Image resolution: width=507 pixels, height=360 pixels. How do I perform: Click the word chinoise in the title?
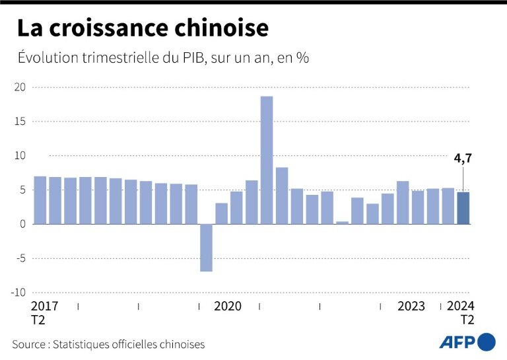tap(219, 28)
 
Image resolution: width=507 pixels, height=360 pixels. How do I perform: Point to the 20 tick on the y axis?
tap(20, 87)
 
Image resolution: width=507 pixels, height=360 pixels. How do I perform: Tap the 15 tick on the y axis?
tap(20, 122)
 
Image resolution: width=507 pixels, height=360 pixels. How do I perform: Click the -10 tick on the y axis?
tap(18, 293)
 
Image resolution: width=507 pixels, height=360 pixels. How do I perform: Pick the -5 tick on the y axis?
tap(20, 258)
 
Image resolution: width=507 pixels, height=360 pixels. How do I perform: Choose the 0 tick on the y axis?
tap(22, 224)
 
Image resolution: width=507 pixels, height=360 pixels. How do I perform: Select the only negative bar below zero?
tap(206, 248)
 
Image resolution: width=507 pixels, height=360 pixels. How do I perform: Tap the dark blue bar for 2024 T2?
tap(463, 208)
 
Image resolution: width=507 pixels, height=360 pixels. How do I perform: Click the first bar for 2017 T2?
tap(40, 200)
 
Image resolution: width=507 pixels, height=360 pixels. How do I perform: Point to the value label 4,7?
tap(463, 158)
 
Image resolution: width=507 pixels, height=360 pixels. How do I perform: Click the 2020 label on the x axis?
tap(228, 306)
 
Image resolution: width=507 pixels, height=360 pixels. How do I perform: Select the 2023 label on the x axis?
tap(411, 306)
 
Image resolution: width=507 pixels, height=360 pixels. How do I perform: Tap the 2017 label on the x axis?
tap(45, 306)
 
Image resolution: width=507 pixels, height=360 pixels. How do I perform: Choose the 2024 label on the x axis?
tap(461, 306)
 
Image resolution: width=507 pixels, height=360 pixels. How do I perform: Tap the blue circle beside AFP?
tap(486, 342)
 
